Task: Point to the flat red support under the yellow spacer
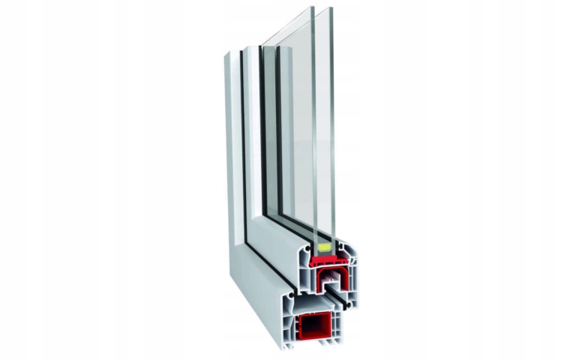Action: tap(328, 260)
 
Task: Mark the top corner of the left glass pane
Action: tap(311, 8)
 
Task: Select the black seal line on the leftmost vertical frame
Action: tap(243, 150)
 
